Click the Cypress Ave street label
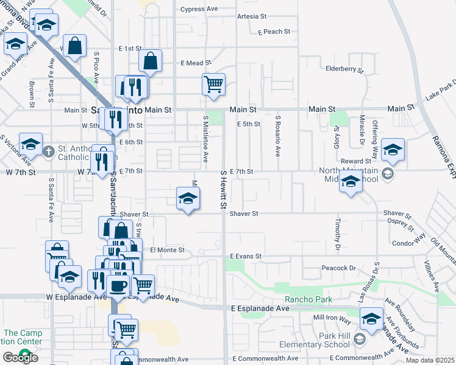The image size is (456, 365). (199, 10)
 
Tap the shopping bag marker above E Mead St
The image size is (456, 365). (150, 61)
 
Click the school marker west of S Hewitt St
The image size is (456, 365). (188, 198)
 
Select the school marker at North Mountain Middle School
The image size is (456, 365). (351, 181)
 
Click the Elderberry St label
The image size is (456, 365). (344, 69)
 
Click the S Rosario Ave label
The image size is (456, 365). (277, 134)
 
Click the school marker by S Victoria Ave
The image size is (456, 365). (30, 144)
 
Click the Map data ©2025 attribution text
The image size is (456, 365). (430, 360)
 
